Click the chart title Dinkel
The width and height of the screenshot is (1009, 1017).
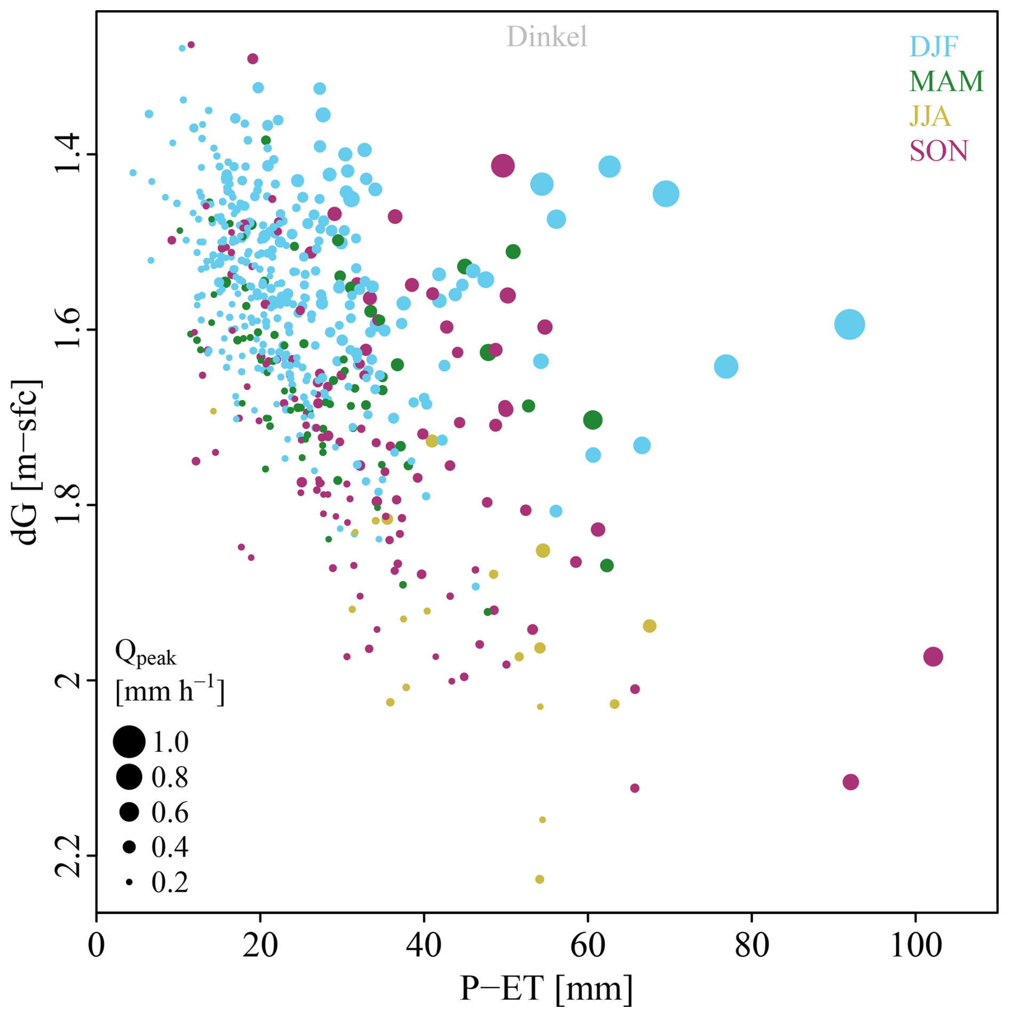pos(546,37)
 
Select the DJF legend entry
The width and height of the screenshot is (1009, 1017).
pos(933,47)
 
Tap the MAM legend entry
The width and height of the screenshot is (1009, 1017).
pos(946,81)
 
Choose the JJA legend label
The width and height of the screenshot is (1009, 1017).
pos(930,116)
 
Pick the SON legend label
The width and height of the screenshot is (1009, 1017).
pos(938,151)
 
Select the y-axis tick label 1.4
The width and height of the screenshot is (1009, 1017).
pos(68,154)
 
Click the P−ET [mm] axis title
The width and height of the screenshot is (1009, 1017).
pos(546,989)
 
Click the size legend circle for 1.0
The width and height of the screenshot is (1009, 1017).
pos(129,742)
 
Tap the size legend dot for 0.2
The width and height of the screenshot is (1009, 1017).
pos(129,883)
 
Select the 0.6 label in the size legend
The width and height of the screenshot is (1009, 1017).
pos(170,812)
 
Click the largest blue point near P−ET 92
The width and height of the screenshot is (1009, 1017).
pos(849,324)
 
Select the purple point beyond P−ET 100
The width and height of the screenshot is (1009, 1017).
pos(933,656)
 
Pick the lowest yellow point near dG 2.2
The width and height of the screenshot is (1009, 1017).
pos(539,879)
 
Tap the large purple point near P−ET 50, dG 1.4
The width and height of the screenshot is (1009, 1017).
pos(502,166)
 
